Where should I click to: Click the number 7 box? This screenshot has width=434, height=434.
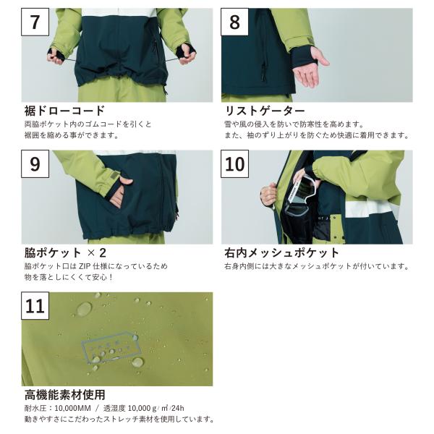point(35,22)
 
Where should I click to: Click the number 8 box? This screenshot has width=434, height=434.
point(234,22)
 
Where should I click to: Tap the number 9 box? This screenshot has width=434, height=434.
point(35,164)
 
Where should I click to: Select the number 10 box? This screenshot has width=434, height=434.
point(234,164)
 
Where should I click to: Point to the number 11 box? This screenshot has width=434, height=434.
point(35,305)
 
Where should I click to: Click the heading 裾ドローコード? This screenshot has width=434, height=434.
point(64,111)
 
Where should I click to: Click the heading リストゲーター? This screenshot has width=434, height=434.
point(265,111)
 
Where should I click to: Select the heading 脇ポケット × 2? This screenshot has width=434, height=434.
point(65,252)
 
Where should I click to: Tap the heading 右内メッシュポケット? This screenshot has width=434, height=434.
point(282,252)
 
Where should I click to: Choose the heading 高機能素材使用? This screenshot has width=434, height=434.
point(65,395)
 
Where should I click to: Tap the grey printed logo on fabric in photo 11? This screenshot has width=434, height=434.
point(111,346)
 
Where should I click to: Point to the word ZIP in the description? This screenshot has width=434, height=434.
point(85,266)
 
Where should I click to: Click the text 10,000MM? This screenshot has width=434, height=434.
point(72,408)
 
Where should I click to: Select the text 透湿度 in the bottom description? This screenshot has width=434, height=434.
point(114,408)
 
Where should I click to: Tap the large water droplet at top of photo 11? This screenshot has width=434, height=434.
point(84,309)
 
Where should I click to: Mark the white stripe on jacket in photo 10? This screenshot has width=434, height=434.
point(371,209)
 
